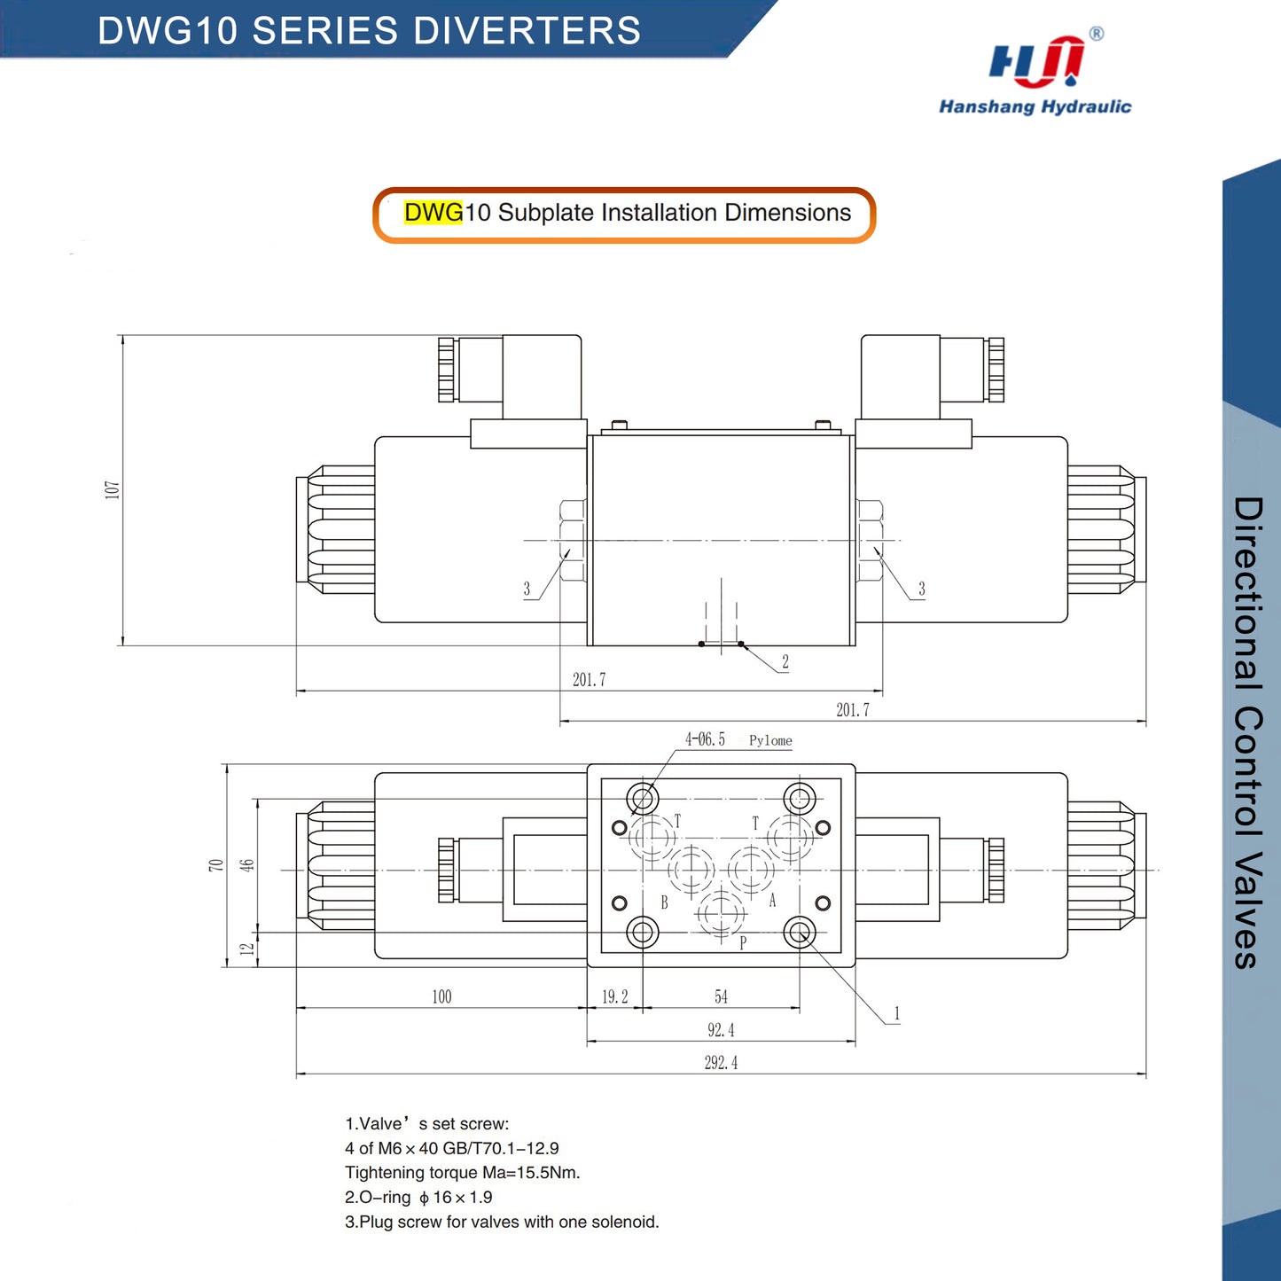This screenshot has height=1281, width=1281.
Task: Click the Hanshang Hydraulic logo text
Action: point(1035,106)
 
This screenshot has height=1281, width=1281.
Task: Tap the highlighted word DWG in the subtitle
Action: point(433,213)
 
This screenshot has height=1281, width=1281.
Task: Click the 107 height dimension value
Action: point(113,490)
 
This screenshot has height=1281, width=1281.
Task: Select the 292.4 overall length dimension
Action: point(721,1063)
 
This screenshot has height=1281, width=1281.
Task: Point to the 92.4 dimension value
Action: point(721,1030)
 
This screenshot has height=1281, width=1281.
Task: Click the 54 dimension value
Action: point(722,996)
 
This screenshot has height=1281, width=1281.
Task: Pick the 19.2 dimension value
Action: point(615,996)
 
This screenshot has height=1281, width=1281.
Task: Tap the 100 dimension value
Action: point(441,996)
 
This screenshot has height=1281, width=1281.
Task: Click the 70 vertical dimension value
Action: point(216,865)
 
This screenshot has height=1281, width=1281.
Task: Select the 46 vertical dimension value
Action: point(247,865)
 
